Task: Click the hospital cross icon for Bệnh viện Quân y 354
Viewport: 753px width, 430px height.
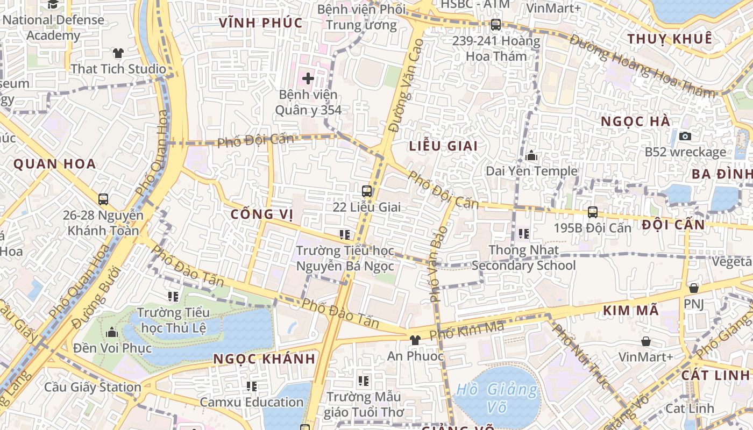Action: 308,79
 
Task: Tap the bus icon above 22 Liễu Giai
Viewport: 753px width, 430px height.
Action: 367,191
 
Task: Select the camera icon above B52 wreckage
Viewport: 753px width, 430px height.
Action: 685,136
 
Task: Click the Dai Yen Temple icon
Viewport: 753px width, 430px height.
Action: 531,156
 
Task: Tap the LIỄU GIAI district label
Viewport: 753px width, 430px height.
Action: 443,146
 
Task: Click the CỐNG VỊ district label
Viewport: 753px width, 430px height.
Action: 262,214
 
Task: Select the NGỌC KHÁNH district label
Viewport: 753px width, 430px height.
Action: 264,359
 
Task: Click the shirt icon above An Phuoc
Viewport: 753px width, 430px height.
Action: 415,340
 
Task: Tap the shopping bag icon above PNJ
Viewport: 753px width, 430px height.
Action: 694,288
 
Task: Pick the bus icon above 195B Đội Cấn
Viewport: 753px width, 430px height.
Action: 593,212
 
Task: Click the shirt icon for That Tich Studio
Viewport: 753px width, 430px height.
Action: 118,53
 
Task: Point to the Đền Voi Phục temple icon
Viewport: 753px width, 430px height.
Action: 112,332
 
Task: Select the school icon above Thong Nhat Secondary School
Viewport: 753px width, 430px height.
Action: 523,234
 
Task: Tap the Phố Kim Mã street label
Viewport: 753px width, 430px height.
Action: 466,330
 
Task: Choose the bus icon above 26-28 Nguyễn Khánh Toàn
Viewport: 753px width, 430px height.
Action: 103,199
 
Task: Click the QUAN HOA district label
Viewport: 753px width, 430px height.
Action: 54,164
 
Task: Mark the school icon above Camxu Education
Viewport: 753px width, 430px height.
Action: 252,386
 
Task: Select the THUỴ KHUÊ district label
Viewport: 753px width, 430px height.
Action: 670,39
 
